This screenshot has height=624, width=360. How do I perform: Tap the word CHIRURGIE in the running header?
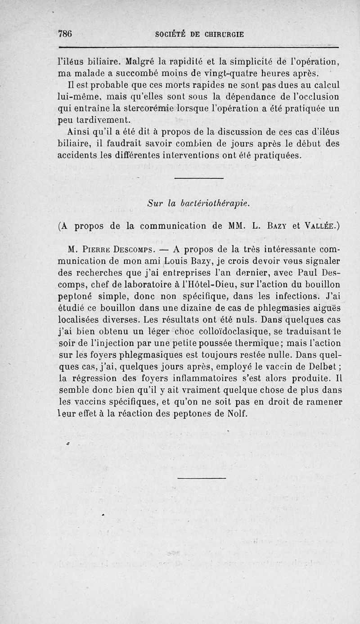pos(218,35)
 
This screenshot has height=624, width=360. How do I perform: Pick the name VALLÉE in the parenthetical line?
pos(320,226)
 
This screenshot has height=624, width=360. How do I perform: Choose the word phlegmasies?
pos(244,308)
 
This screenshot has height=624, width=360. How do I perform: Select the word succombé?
pos(141,73)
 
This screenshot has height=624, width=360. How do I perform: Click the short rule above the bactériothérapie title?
pos(198,179)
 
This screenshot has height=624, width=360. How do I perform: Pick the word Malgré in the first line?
pos(141,61)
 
